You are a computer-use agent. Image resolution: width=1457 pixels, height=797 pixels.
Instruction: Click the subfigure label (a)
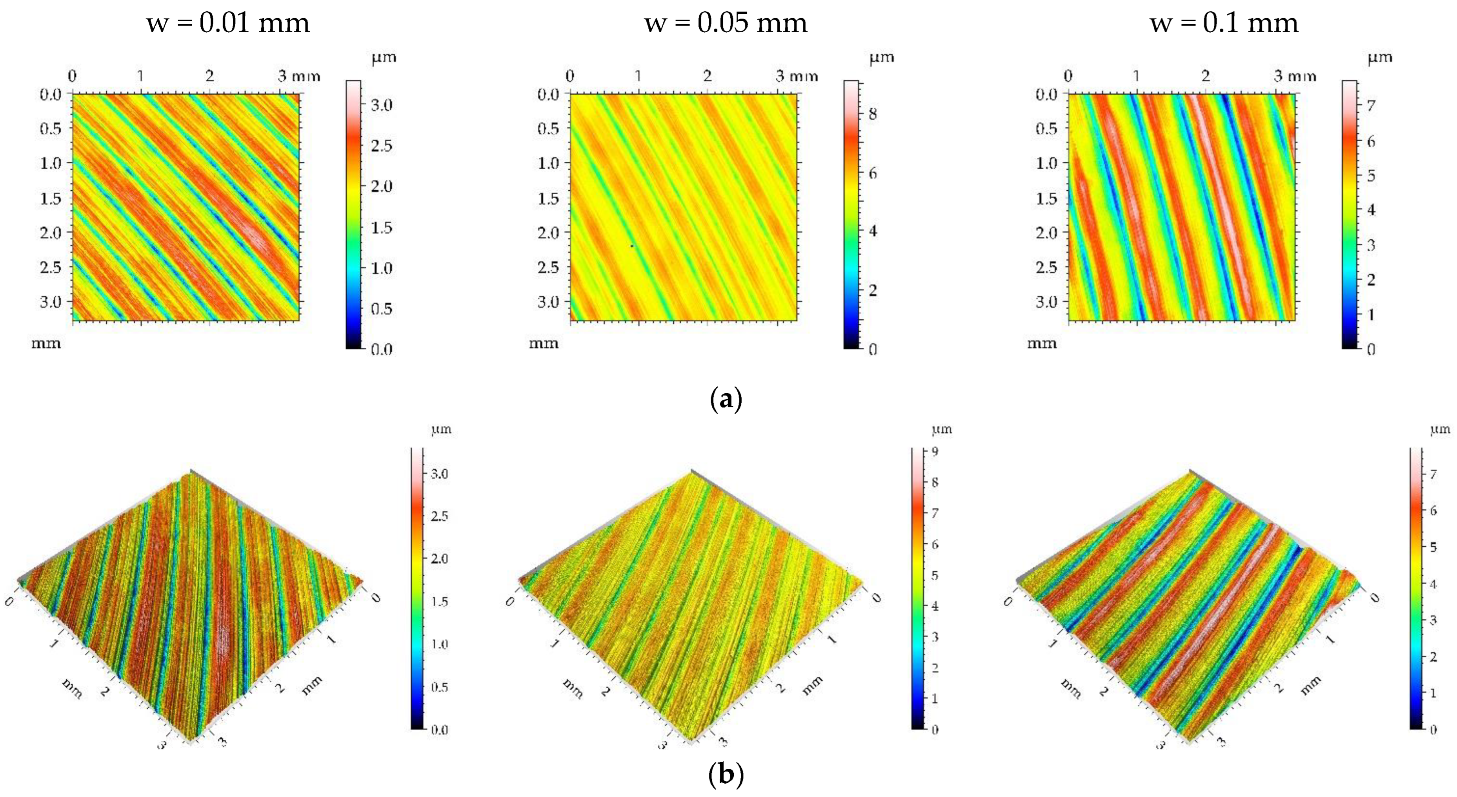pyautogui.click(x=725, y=399)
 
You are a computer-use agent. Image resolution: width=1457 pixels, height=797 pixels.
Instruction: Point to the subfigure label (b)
pyautogui.click(x=726, y=775)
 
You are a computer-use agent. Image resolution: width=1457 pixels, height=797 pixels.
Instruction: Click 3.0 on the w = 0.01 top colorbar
pyautogui.click(x=382, y=105)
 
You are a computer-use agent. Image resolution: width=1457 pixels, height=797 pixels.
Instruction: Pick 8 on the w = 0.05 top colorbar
pyautogui.click(x=873, y=114)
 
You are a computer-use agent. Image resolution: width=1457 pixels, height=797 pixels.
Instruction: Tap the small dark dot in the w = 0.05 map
pyautogui.click(x=632, y=246)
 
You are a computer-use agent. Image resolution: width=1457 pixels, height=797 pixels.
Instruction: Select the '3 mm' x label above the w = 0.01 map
pyautogui.click(x=298, y=77)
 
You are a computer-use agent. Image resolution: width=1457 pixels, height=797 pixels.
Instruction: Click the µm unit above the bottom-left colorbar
pyautogui.click(x=441, y=430)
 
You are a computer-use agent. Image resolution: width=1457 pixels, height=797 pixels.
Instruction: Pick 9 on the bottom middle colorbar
pyautogui.click(x=935, y=452)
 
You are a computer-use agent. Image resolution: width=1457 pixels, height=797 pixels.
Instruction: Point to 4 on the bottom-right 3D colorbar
pyautogui.click(x=1433, y=584)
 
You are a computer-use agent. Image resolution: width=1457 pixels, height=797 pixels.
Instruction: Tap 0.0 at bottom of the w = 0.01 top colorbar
pyautogui.click(x=382, y=350)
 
